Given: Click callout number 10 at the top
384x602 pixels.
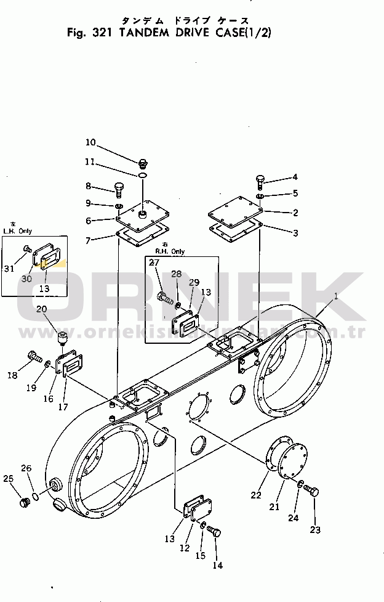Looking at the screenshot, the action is (x=90, y=143).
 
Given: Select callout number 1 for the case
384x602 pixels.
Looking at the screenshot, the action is (x=336, y=296).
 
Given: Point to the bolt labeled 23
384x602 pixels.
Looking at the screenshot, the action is (x=312, y=492).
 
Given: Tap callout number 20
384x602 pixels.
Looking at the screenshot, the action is (x=41, y=309).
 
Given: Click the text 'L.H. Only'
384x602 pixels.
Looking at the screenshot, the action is (x=18, y=230).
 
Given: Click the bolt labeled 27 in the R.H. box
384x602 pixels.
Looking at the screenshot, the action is (x=163, y=298).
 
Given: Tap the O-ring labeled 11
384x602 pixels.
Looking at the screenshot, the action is (x=142, y=176).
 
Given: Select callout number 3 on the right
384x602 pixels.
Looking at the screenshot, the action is (x=295, y=233).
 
